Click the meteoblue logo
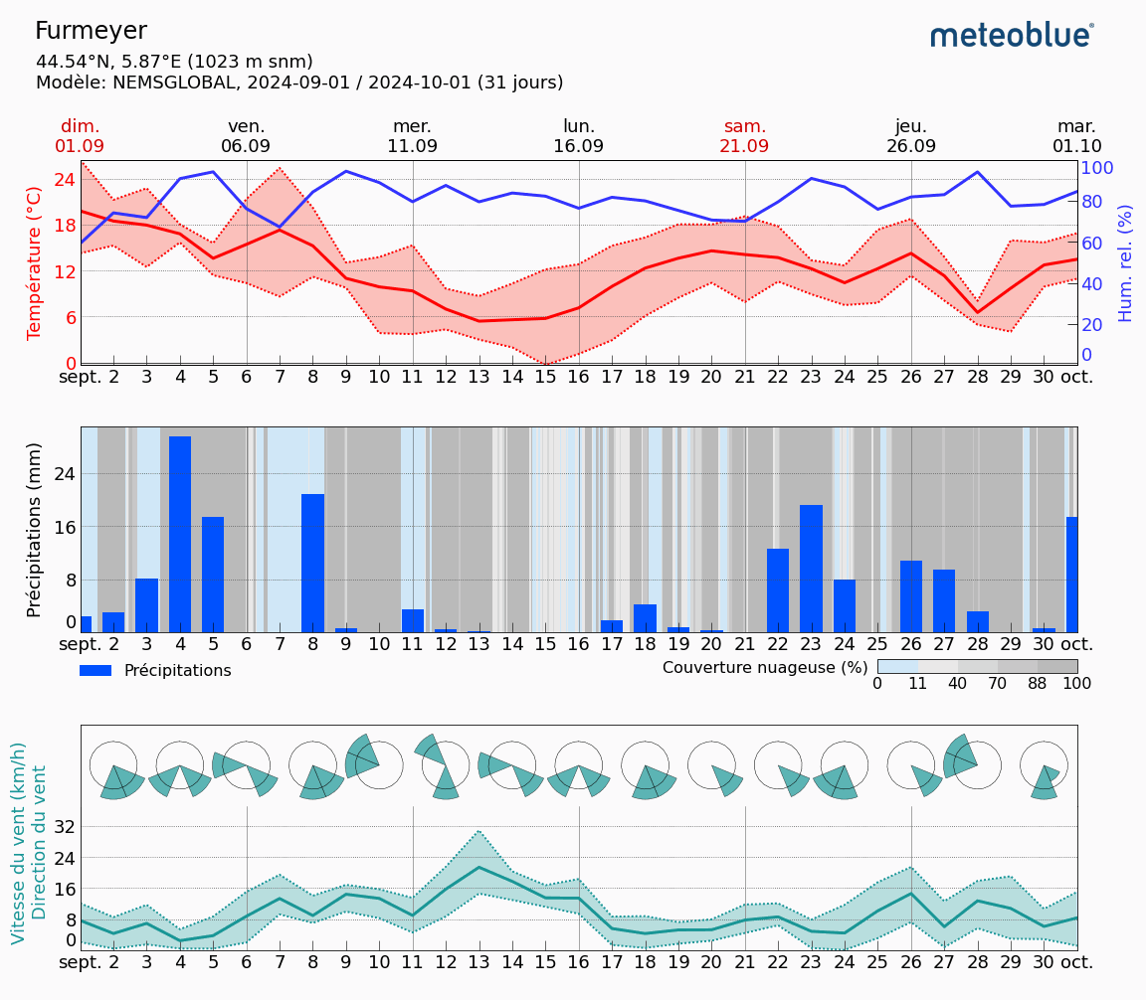1012,36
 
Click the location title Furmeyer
91,32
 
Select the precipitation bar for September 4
180,534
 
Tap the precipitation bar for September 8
313,563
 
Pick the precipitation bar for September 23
811,569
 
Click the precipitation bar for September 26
911,596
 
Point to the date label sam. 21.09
744,136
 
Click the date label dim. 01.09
80,136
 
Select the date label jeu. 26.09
910,136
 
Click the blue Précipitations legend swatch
95,671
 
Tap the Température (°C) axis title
35,262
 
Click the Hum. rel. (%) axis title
1125,262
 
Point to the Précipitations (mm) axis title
35,529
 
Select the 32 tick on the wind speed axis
64,826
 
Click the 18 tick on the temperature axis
64,225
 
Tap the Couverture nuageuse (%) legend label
765,667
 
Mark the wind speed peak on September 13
478,867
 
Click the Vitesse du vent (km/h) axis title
18,843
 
